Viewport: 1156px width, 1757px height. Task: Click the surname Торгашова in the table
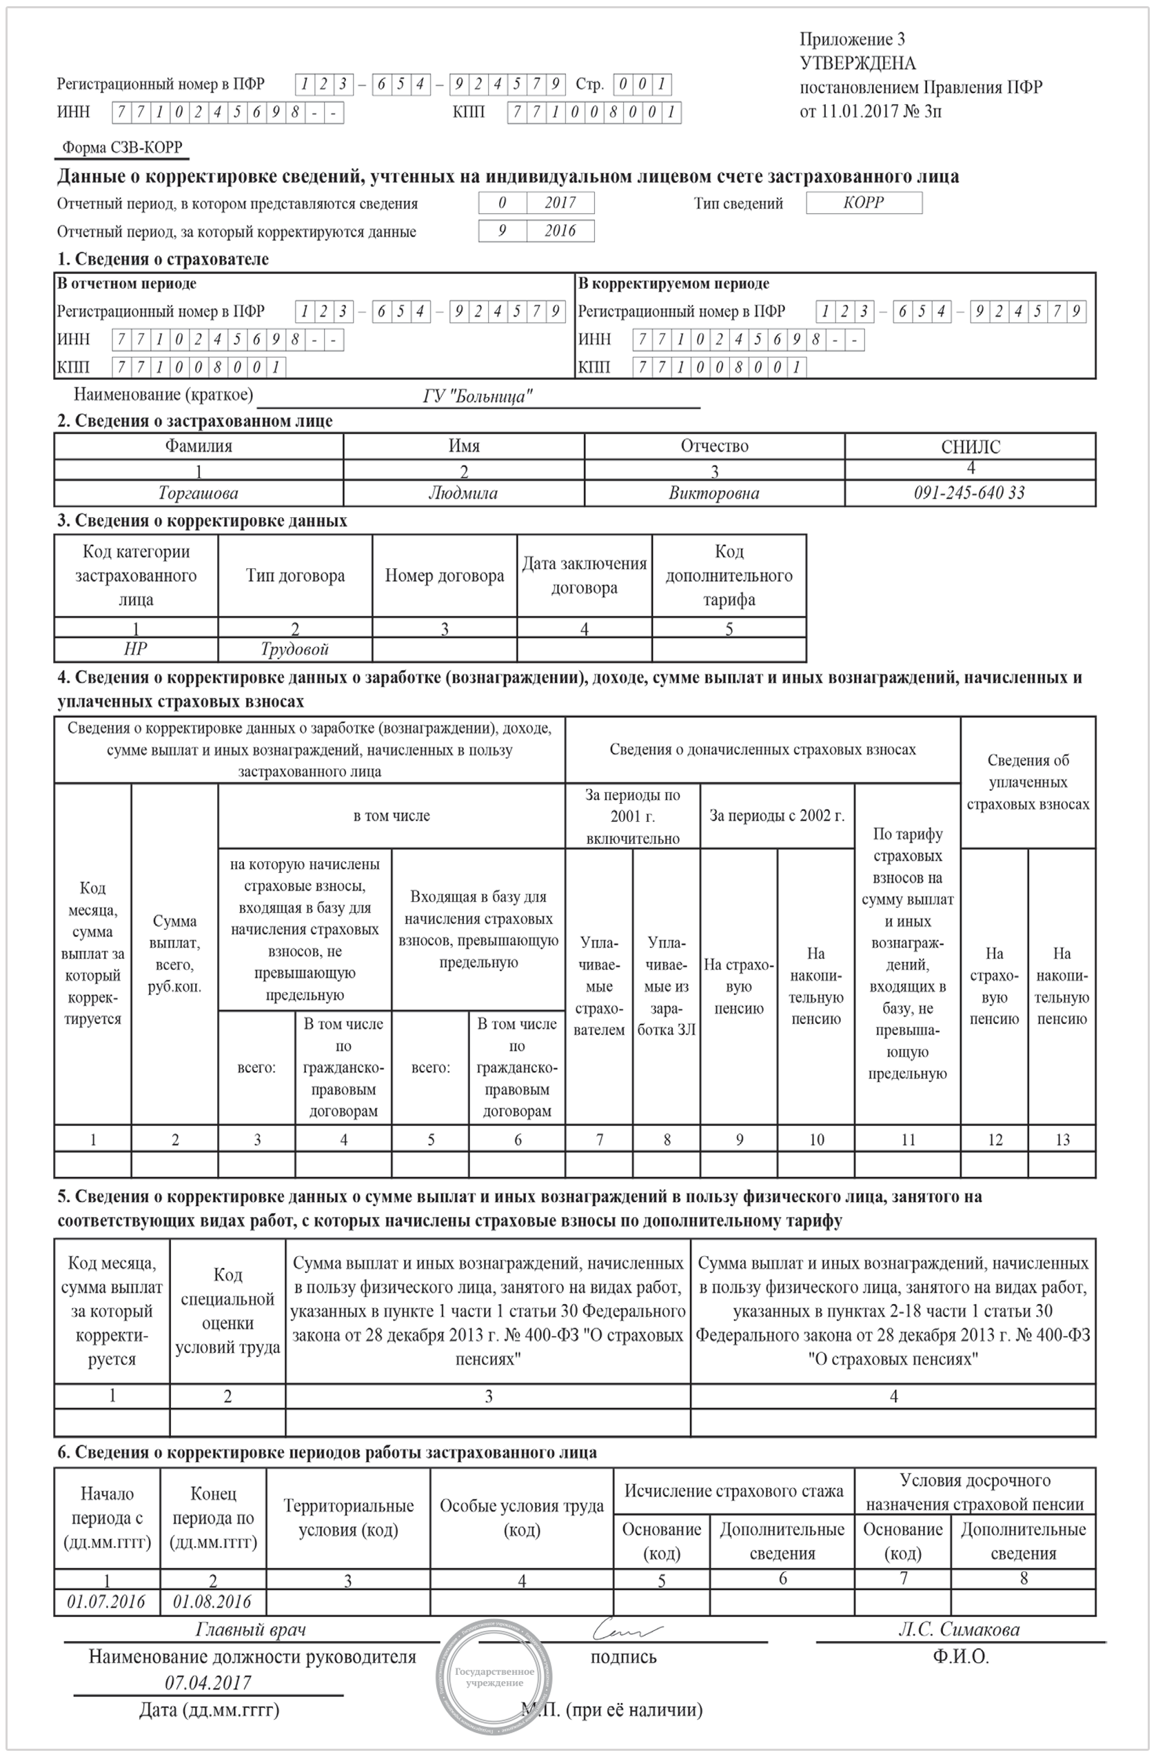[x=198, y=493]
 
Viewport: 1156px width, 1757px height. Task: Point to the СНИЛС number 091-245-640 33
[x=969, y=493]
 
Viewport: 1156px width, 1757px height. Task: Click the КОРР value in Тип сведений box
[x=863, y=202]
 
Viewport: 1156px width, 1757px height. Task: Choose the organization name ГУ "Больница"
[x=477, y=396]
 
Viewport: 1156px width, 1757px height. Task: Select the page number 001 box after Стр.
[x=642, y=84]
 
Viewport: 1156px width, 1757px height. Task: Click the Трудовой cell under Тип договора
[x=294, y=649]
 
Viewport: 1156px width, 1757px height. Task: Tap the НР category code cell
[x=135, y=649]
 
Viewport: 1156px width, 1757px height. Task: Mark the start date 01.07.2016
[x=106, y=1601]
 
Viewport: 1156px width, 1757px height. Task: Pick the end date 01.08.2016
[x=212, y=1601]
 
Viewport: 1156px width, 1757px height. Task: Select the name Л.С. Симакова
[x=958, y=1630]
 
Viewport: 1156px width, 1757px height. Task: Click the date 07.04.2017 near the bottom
[x=207, y=1683]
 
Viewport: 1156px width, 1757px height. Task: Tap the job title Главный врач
[x=250, y=1629]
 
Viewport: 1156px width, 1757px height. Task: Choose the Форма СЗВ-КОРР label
[x=122, y=148]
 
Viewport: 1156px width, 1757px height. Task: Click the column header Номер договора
[x=445, y=576]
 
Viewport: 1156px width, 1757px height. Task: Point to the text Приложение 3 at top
[x=852, y=39]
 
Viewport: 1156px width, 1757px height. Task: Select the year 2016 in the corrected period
[x=560, y=230]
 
